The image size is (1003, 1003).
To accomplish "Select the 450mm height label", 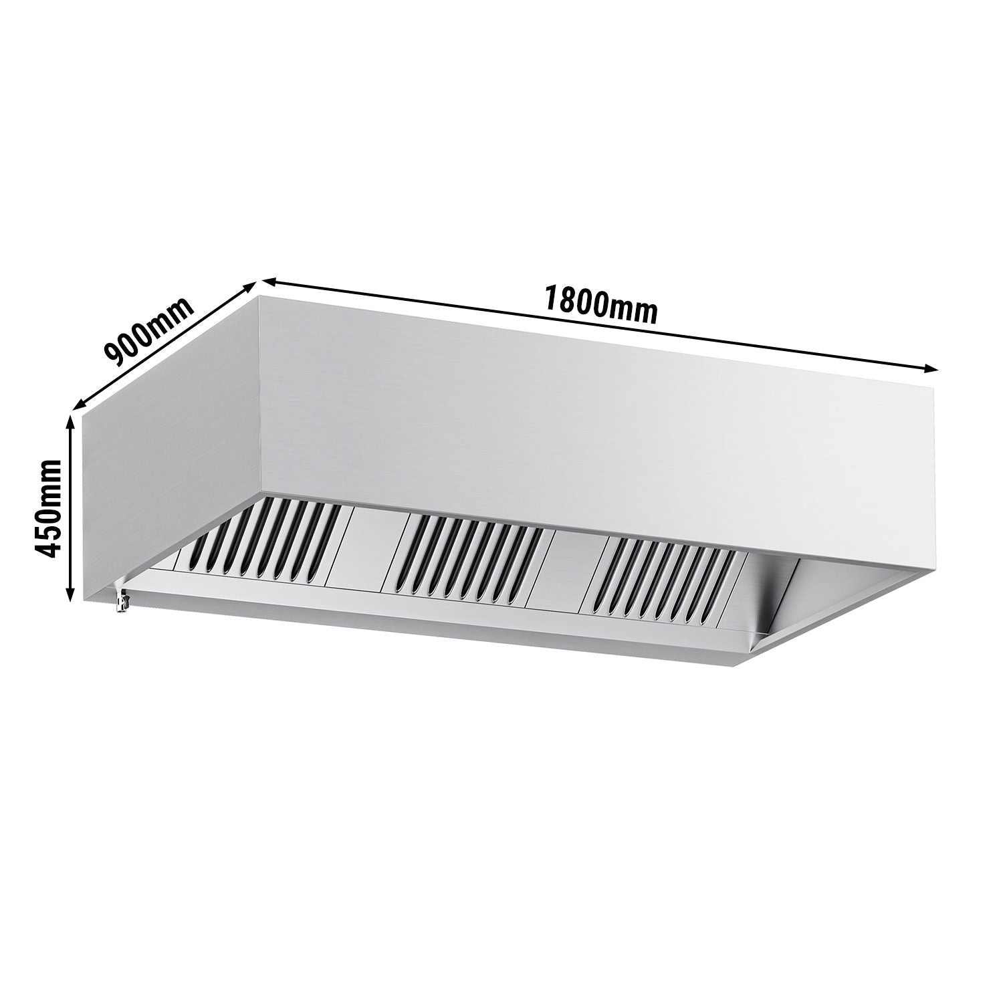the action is click(x=48, y=508).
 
